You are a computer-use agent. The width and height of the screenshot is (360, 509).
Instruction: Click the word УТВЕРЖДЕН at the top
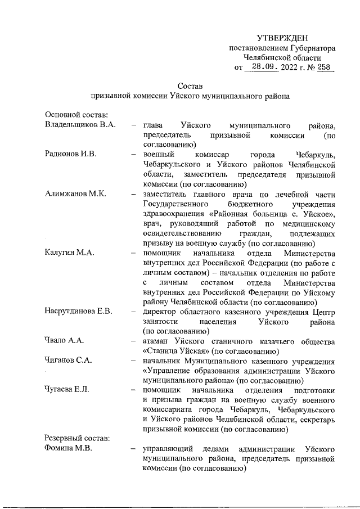click(x=282, y=38)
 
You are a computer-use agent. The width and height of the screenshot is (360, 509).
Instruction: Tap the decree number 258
click(x=324, y=68)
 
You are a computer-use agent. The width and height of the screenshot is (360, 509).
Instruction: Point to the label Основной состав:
click(x=73, y=115)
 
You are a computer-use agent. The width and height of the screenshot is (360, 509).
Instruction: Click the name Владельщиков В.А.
click(x=80, y=125)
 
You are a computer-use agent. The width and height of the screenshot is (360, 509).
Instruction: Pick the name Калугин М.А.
click(x=69, y=253)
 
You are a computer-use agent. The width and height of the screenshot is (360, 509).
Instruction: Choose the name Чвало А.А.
click(x=64, y=341)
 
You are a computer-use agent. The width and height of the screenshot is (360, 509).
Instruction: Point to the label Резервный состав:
click(x=73, y=438)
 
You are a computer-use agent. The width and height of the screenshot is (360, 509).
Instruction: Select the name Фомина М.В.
click(x=68, y=448)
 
